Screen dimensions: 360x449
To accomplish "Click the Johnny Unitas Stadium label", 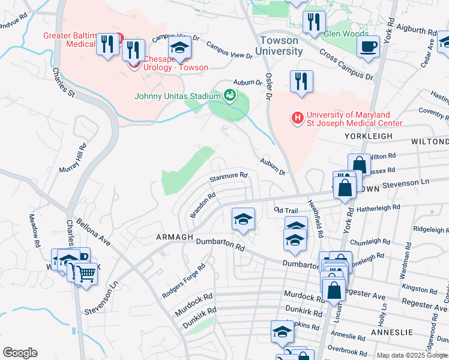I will click(177, 95).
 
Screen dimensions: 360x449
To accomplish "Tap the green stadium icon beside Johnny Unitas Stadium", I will click(229, 95).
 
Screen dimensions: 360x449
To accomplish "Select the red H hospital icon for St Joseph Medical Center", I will click(297, 118).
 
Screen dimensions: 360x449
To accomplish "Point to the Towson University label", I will click(279, 46).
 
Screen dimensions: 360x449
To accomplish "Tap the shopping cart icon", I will click(86, 274).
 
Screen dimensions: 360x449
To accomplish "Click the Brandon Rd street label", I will click(202, 205).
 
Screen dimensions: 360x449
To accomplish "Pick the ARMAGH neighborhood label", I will click(175, 237).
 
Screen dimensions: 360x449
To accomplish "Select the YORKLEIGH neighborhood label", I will click(369, 136).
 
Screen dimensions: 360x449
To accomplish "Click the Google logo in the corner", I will click(20, 353).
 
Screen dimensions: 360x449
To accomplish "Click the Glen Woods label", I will click(340, 34).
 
